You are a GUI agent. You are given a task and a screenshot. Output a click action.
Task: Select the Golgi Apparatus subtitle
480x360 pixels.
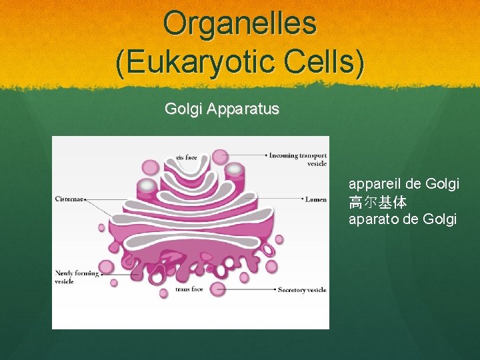[x=221, y=109]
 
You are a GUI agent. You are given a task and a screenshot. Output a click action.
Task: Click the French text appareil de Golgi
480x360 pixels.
[x=403, y=183]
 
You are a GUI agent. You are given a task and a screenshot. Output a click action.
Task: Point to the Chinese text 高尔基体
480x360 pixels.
[x=377, y=201]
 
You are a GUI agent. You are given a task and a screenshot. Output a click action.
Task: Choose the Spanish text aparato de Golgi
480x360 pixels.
[x=402, y=219]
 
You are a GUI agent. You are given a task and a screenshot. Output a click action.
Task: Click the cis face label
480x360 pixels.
[x=187, y=157]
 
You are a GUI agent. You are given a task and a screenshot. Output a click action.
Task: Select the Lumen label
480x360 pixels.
[x=315, y=199]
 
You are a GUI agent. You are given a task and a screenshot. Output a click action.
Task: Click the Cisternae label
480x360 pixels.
[x=69, y=198]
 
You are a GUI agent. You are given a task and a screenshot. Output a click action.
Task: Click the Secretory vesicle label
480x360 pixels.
[x=301, y=289]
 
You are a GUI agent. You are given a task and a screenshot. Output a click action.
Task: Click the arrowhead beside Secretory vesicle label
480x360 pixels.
[x=275, y=289]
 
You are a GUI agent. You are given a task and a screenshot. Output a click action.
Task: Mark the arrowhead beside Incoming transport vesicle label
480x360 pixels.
[x=266, y=155]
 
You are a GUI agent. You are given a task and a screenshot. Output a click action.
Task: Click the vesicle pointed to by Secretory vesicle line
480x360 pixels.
[x=217, y=289]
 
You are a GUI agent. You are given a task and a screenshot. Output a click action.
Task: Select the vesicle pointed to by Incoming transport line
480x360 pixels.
[x=220, y=157]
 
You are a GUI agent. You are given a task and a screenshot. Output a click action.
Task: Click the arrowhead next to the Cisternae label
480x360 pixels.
[x=87, y=198]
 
